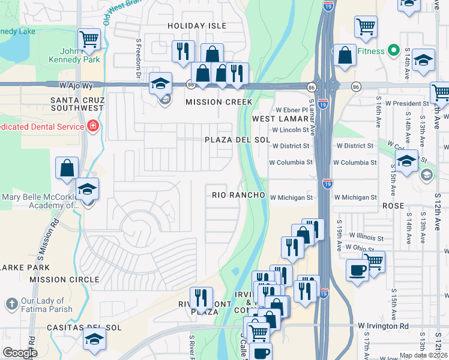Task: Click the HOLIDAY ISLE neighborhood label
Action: pyautogui.click(x=197, y=26)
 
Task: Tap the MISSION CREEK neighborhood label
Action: pyautogui.click(x=218, y=102)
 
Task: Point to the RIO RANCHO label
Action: pyautogui.click(x=238, y=196)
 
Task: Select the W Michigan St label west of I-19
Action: pyautogui.click(x=291, y=197)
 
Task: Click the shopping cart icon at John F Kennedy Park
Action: pyautogui.click(x=89, y=40)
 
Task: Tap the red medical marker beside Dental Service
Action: pyautogui.click(x=92, y=126)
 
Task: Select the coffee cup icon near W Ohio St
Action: pyautogui.click(x=358, y=270)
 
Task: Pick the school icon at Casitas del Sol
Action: pyautogui.click(x=95, y=338)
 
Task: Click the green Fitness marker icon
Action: pyautogui.click(x=394, y=50)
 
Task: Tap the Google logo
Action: pyautogui.click(x=20, y=353)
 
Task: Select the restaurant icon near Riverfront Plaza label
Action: pyautogui.click(x=201, y=298)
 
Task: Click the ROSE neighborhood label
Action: pyautogui.click(x=393, y=205)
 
